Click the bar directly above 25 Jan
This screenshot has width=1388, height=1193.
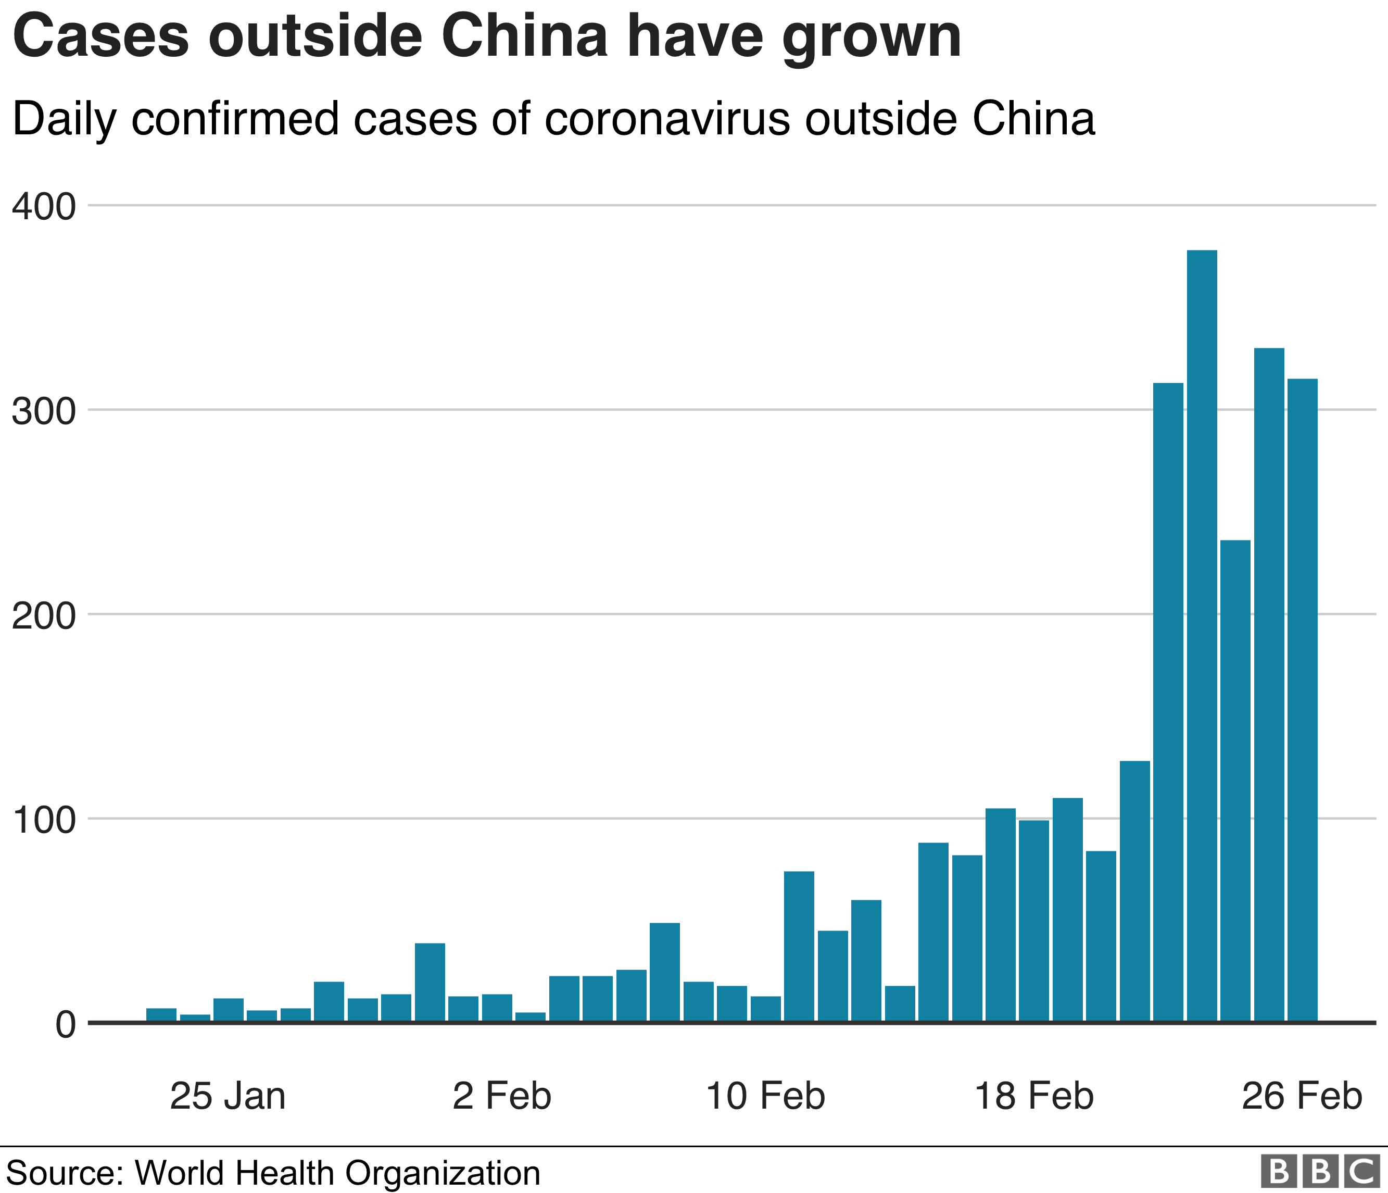point(229,1010)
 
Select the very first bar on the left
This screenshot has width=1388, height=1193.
point(161,1015)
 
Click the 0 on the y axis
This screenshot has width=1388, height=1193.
point(65,1024)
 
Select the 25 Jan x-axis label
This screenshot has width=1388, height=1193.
point(228,1096)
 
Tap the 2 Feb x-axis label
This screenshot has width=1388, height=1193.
point(502,1096)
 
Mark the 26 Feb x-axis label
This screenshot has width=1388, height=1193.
point(1302,1096)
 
